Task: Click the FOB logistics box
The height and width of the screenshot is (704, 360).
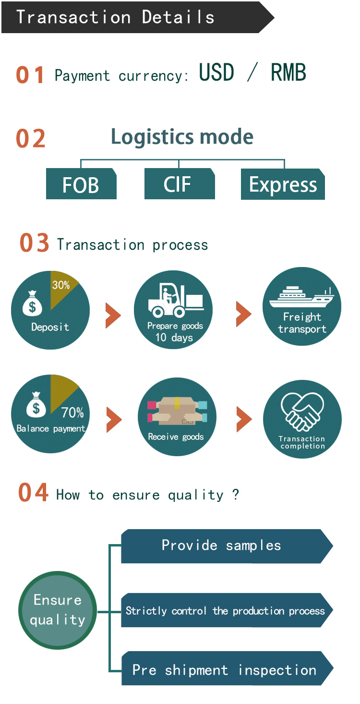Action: (x=81, y=184)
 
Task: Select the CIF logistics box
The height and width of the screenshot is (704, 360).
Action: (x=179, y=184)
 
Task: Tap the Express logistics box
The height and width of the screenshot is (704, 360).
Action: (x=283, y=184)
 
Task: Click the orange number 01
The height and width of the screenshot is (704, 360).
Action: (x=30, y=75)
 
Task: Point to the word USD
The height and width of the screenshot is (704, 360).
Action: (x=216, y=73)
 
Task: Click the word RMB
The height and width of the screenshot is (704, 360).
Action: (x=288, y=73)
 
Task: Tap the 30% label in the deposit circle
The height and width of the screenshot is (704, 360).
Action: (x=61, y=285)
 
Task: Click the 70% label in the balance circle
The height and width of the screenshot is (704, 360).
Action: (x=72, y=413)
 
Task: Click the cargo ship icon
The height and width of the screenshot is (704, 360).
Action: (x=301, y=297)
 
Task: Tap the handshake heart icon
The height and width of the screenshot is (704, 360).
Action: (x=302, y=412)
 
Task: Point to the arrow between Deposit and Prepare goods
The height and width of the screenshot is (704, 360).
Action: (x=113, y=315)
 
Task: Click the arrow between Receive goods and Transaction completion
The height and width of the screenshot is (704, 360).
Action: (x=244, y=419)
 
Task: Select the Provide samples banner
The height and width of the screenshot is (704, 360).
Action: (x=226, y=546)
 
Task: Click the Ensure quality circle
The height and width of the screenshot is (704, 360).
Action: (x=58, y=610)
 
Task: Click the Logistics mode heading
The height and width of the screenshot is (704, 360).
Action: (x=182, y=137)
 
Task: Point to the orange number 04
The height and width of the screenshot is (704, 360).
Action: (x=33, y=493)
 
